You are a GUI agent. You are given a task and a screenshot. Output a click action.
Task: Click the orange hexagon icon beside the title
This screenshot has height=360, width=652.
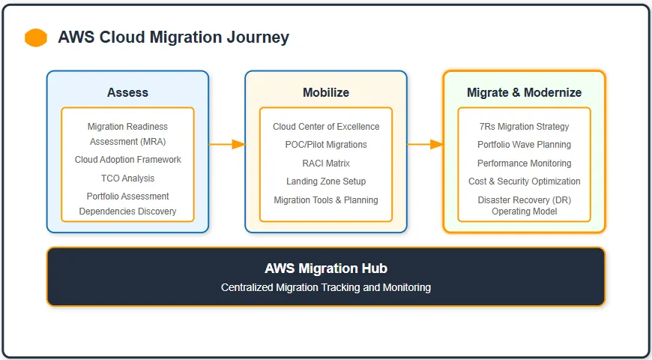(x=36, y=37)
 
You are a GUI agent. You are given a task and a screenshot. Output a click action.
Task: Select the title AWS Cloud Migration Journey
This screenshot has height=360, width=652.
(x=173, y=37)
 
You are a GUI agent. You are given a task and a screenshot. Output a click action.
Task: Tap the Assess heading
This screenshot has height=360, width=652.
(x=127, y=92)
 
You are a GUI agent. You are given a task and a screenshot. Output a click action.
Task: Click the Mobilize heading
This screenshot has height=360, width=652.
(x=325, y=92)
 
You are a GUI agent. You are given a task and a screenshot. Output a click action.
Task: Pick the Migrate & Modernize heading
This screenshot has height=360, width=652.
(x=524, y=92)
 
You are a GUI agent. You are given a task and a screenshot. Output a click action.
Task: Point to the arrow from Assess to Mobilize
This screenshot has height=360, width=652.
(x=227, y=144)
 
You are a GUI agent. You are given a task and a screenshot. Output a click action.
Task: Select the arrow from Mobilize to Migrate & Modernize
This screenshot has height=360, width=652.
(x=425, y=144)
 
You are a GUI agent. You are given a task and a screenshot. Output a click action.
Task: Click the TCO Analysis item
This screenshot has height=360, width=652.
(x=127, y=178)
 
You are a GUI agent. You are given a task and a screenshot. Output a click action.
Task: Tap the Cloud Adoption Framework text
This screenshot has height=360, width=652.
(x=127, y=160)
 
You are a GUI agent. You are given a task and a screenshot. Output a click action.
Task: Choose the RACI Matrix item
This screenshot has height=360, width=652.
(x=325, y=163)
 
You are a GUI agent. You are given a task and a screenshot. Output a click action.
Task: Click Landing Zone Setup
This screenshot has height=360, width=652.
(x=325, y=181)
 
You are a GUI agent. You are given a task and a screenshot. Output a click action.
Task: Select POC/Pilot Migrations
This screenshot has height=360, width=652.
(x=325, y=145)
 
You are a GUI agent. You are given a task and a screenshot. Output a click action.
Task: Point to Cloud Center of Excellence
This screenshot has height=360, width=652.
(x=325, y=127)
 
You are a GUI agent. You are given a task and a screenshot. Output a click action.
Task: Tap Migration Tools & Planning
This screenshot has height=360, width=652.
(x=325, y=200)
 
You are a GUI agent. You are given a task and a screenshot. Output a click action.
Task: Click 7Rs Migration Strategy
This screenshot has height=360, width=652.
(x=524, y=127)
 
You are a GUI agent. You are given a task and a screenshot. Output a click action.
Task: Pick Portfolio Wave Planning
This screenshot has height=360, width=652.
(x=524, y=145)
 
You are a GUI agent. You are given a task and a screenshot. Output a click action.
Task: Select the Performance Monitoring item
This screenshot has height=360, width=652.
(x=524, y=163)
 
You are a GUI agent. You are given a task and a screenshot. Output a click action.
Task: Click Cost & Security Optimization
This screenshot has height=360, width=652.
(x=524, y=181)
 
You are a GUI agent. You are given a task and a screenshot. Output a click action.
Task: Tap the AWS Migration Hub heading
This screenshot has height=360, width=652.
(x=325, y=268)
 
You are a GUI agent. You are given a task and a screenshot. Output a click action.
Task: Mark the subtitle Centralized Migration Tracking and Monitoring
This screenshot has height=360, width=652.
(x=325, y=287)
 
